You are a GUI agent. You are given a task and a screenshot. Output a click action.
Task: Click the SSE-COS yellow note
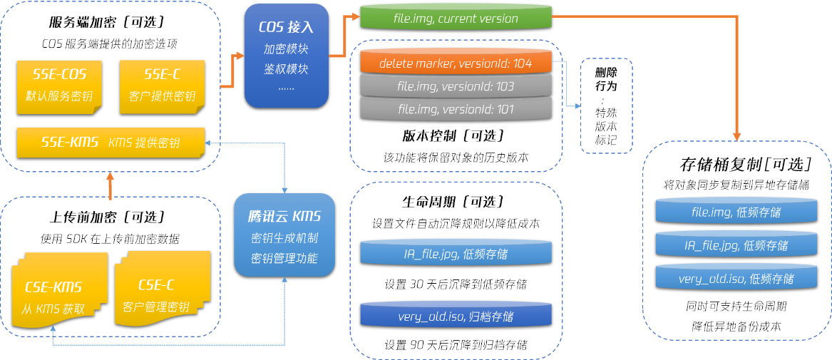tap(60, 86)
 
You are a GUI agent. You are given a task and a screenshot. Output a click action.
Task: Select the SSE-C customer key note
tap(162, 86)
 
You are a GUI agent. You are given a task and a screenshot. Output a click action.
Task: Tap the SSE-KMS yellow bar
tap(111, 143)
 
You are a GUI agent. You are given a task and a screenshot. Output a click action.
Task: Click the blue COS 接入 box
tap(287, 56)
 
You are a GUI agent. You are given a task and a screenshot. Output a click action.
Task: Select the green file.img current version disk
tap(456, 19)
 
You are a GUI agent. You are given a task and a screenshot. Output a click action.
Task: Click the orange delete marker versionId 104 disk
tap(456, 63)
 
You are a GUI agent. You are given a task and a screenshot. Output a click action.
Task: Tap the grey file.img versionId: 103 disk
tap(456, 87)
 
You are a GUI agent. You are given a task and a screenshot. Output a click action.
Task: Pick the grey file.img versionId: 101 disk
tap(456, 110)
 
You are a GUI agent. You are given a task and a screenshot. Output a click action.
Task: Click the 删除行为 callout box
tap(606, 106)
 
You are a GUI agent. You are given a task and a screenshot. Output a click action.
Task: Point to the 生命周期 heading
tap(456, 202)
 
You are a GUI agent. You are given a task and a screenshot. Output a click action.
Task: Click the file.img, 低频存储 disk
tap(736, 212)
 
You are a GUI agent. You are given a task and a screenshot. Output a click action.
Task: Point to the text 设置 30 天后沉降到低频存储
tap(456, 284)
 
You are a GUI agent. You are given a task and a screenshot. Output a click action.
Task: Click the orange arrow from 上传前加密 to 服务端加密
tap(111, 185)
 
